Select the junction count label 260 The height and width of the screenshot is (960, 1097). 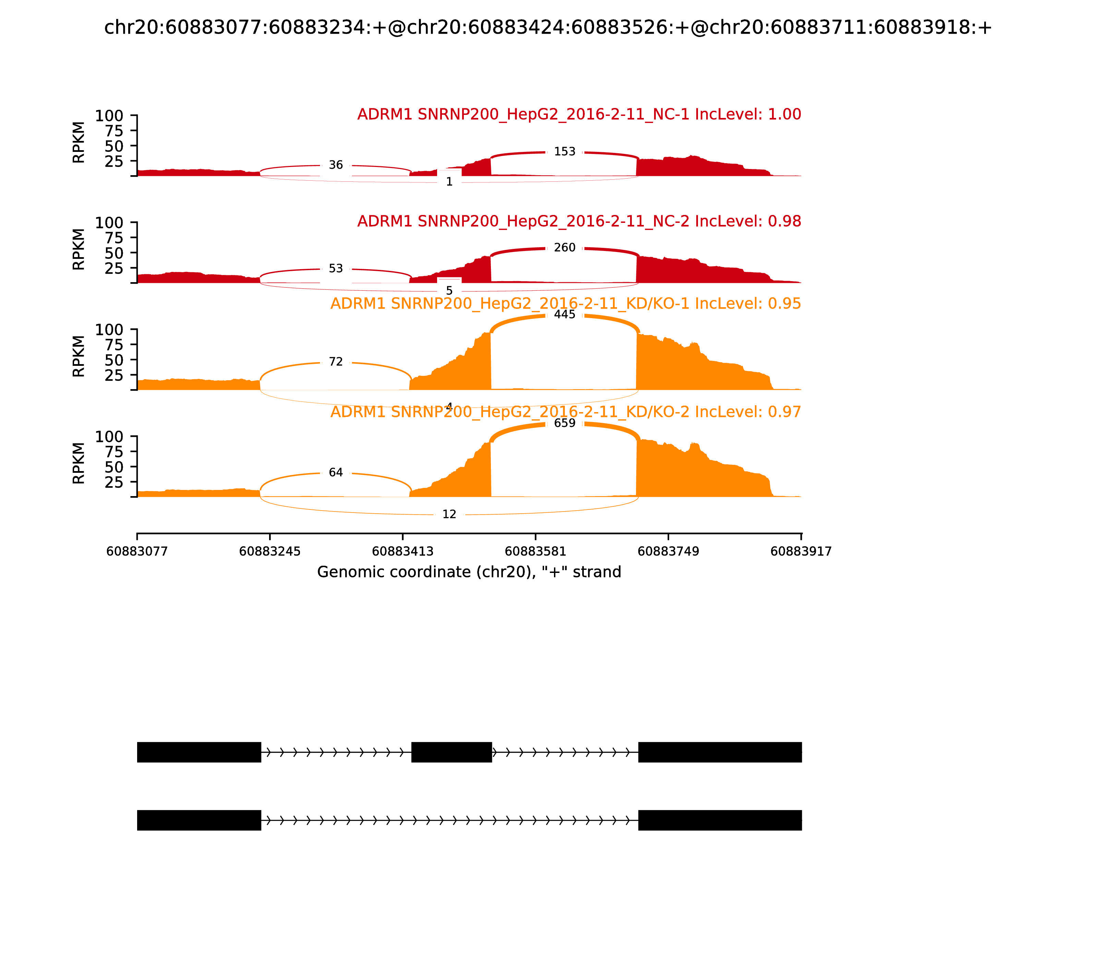(565, 248)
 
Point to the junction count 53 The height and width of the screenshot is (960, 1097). (336, 269)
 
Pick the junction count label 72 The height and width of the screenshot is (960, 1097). (336, 362)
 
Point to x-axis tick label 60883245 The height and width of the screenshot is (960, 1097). (270, 552)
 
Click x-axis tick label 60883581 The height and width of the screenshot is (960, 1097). (535, 552)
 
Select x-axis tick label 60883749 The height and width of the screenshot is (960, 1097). (668, 552)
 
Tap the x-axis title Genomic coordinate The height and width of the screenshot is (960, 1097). (469, 572)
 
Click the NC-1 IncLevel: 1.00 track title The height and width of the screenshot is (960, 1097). (579, 115)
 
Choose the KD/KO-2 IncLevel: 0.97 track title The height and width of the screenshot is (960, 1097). (566, 412)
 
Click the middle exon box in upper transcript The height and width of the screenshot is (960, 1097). (451, 752)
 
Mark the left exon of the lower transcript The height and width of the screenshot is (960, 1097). (199, 820)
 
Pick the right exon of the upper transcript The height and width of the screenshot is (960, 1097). (720, 752)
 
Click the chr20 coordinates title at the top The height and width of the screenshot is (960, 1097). (548, 28)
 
